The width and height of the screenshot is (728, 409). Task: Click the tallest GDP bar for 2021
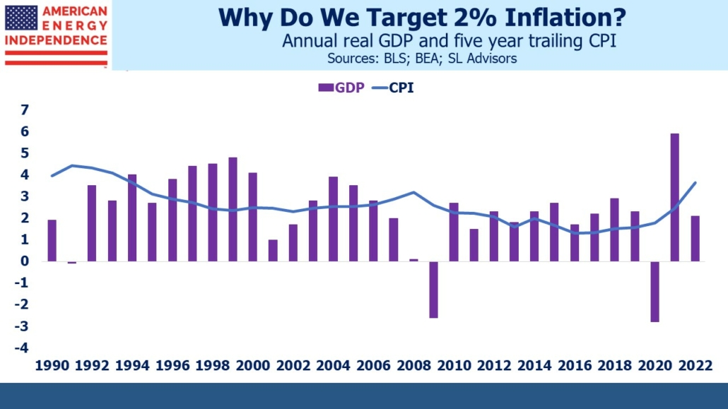[675, 197]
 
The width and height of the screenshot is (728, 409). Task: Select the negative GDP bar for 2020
[654, 291]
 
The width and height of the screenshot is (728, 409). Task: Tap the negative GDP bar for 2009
[433, 289]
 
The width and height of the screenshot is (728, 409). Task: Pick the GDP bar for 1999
[233, 209]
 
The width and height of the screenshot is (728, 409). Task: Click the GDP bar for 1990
[52, 240]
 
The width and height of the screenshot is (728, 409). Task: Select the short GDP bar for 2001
[273, 250]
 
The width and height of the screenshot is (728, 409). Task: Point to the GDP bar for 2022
[695, 238]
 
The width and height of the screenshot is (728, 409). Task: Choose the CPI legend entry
[397, 88]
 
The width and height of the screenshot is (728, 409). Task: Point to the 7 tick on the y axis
[25, 109]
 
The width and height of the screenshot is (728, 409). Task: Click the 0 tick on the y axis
[25, 261]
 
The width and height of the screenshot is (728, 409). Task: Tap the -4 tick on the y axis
[23, 348]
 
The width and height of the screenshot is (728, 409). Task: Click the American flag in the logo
[21, 18]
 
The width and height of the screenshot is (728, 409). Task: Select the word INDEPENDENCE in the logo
[57, 41]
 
